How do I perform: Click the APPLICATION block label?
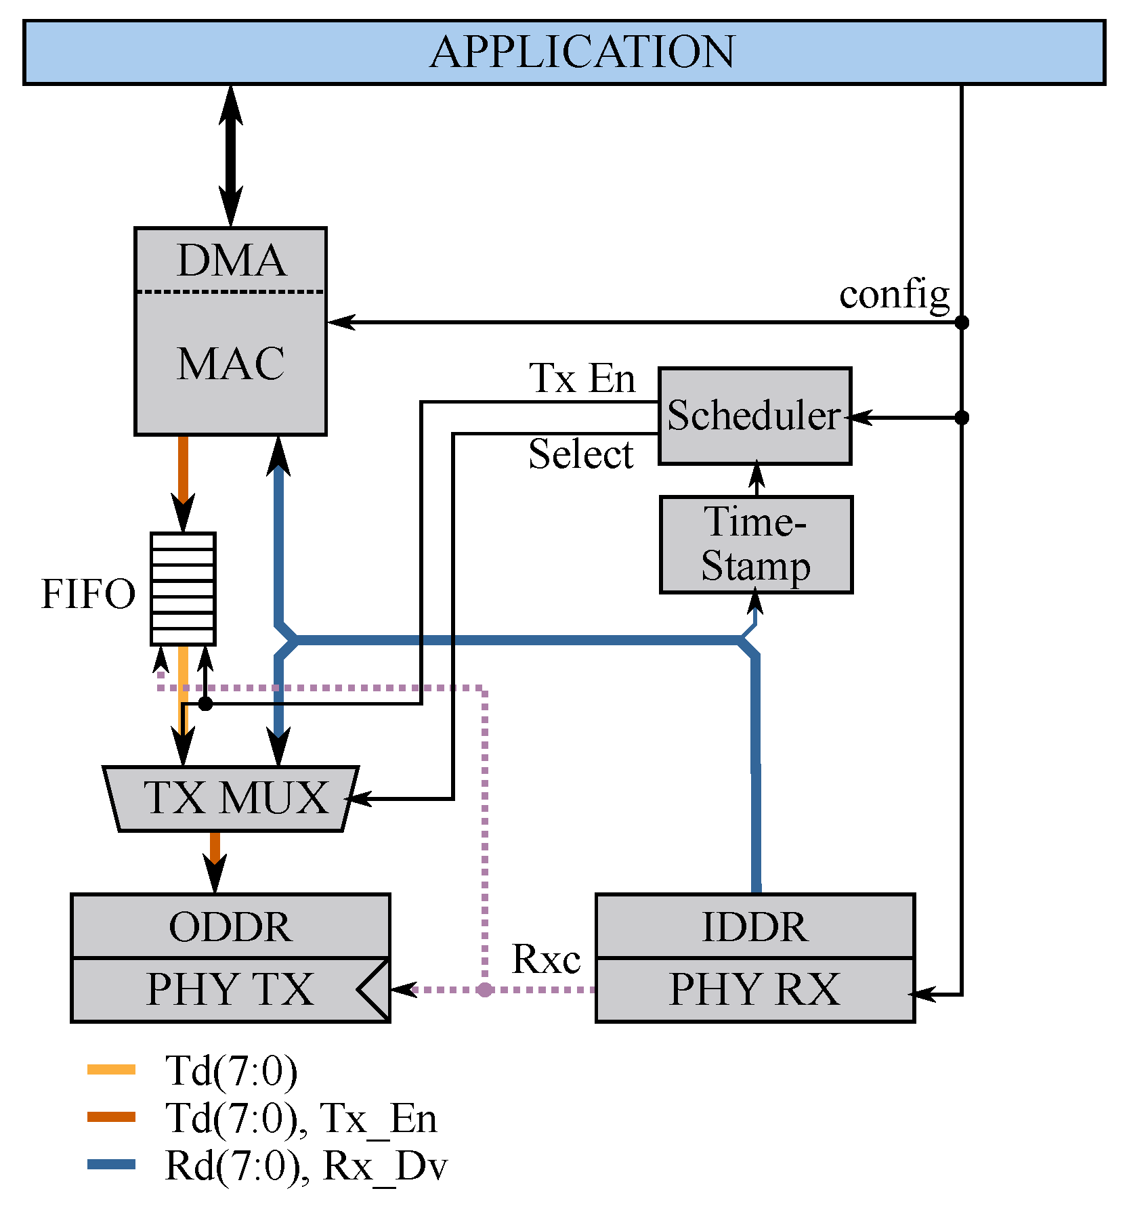582,52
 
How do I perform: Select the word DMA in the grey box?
231,261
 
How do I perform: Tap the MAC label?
231,364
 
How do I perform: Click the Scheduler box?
754,416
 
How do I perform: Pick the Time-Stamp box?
756,544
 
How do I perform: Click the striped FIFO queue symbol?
183,588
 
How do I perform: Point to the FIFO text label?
88,594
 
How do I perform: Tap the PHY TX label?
230,989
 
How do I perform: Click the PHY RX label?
754,989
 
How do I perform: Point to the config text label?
894,295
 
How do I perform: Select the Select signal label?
580,454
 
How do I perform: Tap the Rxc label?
546,959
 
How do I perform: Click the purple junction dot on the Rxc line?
484,990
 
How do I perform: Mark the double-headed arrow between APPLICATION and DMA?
231,156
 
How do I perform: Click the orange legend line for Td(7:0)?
112,1070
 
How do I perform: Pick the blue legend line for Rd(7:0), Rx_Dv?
112,1165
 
